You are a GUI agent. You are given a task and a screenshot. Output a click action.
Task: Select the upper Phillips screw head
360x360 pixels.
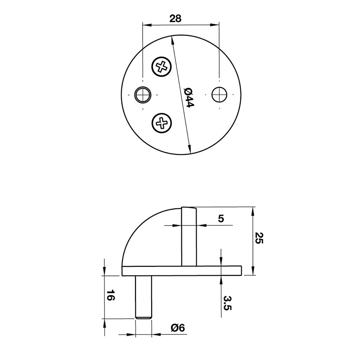coord(162,67)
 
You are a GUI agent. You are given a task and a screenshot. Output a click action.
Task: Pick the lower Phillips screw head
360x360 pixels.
coord(162,122)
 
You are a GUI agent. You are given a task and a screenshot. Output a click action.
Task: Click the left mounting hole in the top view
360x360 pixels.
coord(144,94)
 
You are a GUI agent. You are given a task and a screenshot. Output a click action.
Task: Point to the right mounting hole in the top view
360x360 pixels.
coord(219,94)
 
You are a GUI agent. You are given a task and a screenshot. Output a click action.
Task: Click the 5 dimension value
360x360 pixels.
coord(220,219)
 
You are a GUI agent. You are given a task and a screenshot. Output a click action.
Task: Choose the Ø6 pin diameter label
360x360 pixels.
coord(178,328)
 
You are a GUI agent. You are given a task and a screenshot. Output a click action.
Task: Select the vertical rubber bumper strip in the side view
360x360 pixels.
coord(189,236)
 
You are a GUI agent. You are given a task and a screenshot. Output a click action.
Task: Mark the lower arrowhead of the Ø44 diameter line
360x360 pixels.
coord(191,150)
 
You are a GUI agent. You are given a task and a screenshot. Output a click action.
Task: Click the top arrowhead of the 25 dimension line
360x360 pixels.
coord(255,210)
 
